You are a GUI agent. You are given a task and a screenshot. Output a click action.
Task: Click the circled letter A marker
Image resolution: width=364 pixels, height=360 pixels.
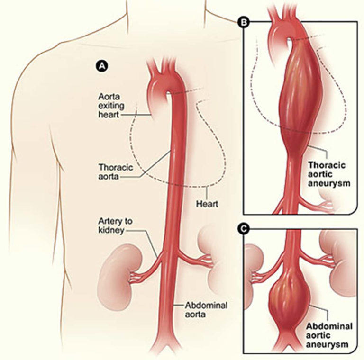(x=100, y=67)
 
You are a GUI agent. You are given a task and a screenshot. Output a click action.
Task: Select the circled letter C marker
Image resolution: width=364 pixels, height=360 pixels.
(x=245, y=229)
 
